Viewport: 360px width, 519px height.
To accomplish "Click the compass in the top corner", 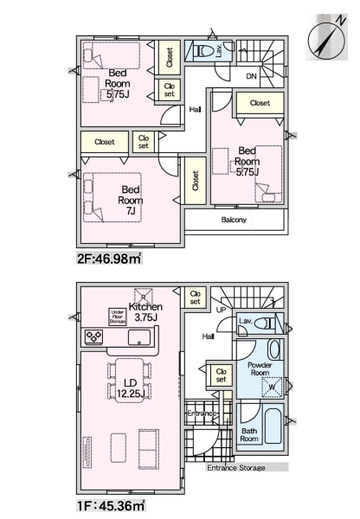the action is pos(327,36).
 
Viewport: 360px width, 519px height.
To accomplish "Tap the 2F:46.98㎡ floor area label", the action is pos(110,259).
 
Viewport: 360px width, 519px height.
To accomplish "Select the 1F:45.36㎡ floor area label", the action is pos(111,506).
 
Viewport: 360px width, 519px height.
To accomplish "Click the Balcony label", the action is pos(234,220).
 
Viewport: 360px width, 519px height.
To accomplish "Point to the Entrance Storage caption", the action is pos(236,468).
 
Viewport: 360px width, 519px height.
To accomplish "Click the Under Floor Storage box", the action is pos(118,317).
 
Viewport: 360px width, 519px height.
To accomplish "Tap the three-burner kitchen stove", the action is pos(94,337).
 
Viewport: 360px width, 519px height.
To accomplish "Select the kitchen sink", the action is pos(139,337).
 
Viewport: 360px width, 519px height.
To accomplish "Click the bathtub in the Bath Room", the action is pos(273,426).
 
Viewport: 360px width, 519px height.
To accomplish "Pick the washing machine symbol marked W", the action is pos(273,387).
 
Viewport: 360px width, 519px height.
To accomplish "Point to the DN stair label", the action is pos(251,76).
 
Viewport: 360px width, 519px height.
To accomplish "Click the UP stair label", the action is pos(221,310).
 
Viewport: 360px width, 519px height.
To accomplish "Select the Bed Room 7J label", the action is pos(131,200).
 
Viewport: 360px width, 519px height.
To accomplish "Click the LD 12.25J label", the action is pos(131,388).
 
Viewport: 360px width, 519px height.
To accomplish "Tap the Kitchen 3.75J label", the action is pos(145,311).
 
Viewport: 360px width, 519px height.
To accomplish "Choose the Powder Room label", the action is pos(260,368).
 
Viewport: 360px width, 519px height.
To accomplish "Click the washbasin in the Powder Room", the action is pos(274,349).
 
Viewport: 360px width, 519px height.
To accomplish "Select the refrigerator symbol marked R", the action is pos(143,296).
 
